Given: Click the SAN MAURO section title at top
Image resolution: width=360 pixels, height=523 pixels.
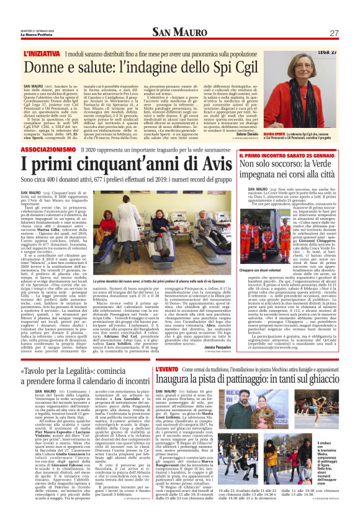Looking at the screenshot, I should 181,33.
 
